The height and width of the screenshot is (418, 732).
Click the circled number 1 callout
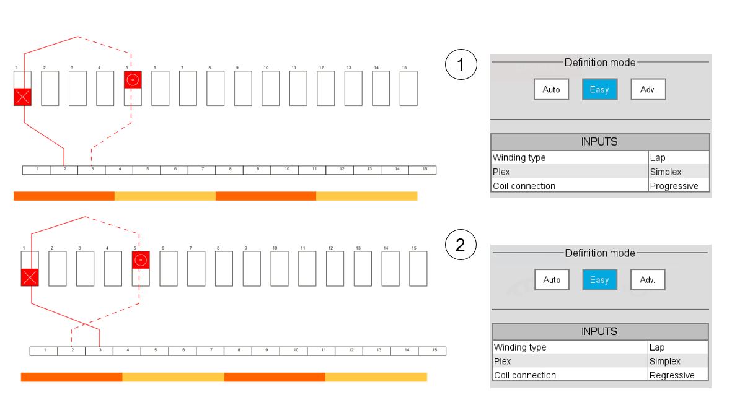click(461, 64)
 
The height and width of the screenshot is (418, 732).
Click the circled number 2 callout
click(461, 245)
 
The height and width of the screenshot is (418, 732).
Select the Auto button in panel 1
click(551, 90)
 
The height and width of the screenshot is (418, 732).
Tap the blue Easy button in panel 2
click(599, 280)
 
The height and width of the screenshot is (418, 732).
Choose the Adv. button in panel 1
click(648, 90)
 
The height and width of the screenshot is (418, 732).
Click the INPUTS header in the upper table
click(599, 142)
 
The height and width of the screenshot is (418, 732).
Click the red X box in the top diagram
click(22, 97)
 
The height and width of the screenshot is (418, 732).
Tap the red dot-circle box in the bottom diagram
click(141, 260)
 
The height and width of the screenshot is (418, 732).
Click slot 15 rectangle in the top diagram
click(408, 88)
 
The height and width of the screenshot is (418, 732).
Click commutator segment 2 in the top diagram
click(64, 170)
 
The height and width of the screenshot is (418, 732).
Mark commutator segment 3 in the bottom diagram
click(99, 351)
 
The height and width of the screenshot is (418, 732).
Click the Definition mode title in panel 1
click(599, 63)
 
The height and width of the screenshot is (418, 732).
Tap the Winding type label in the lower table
click(521, 347)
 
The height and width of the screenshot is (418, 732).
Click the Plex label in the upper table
click(502, 172)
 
